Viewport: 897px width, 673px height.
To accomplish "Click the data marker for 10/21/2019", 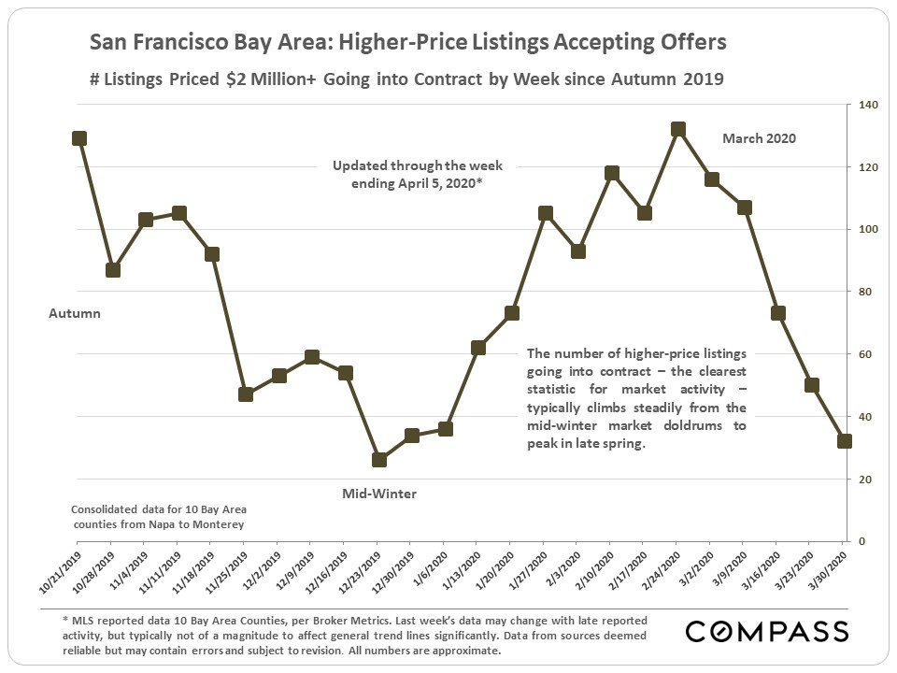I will (79, 138).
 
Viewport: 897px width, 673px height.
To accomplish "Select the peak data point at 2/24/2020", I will (678, 129).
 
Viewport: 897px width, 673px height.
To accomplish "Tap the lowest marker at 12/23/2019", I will (379, 460).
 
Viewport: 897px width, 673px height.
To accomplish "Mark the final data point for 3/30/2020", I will (845, 441).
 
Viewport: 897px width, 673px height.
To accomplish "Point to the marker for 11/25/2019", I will (246, 394).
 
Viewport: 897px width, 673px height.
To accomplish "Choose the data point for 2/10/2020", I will (612, 173).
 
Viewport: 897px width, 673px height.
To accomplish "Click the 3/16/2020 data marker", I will (778, 313).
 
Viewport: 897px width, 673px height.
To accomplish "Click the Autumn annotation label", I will (75, 314).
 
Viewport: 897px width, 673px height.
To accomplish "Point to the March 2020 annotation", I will (759, 138).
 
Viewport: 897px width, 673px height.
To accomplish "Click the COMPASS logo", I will (767, 631).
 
